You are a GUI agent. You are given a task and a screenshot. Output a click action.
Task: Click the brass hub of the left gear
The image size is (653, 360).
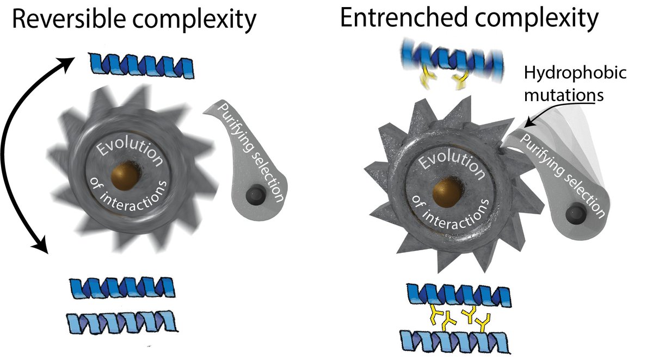[x=123, y=177]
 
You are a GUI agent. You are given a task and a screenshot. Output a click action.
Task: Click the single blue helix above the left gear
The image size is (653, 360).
[x=142, y=66]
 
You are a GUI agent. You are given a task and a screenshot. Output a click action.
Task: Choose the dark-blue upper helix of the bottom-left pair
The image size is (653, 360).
[x=122, y=285]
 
